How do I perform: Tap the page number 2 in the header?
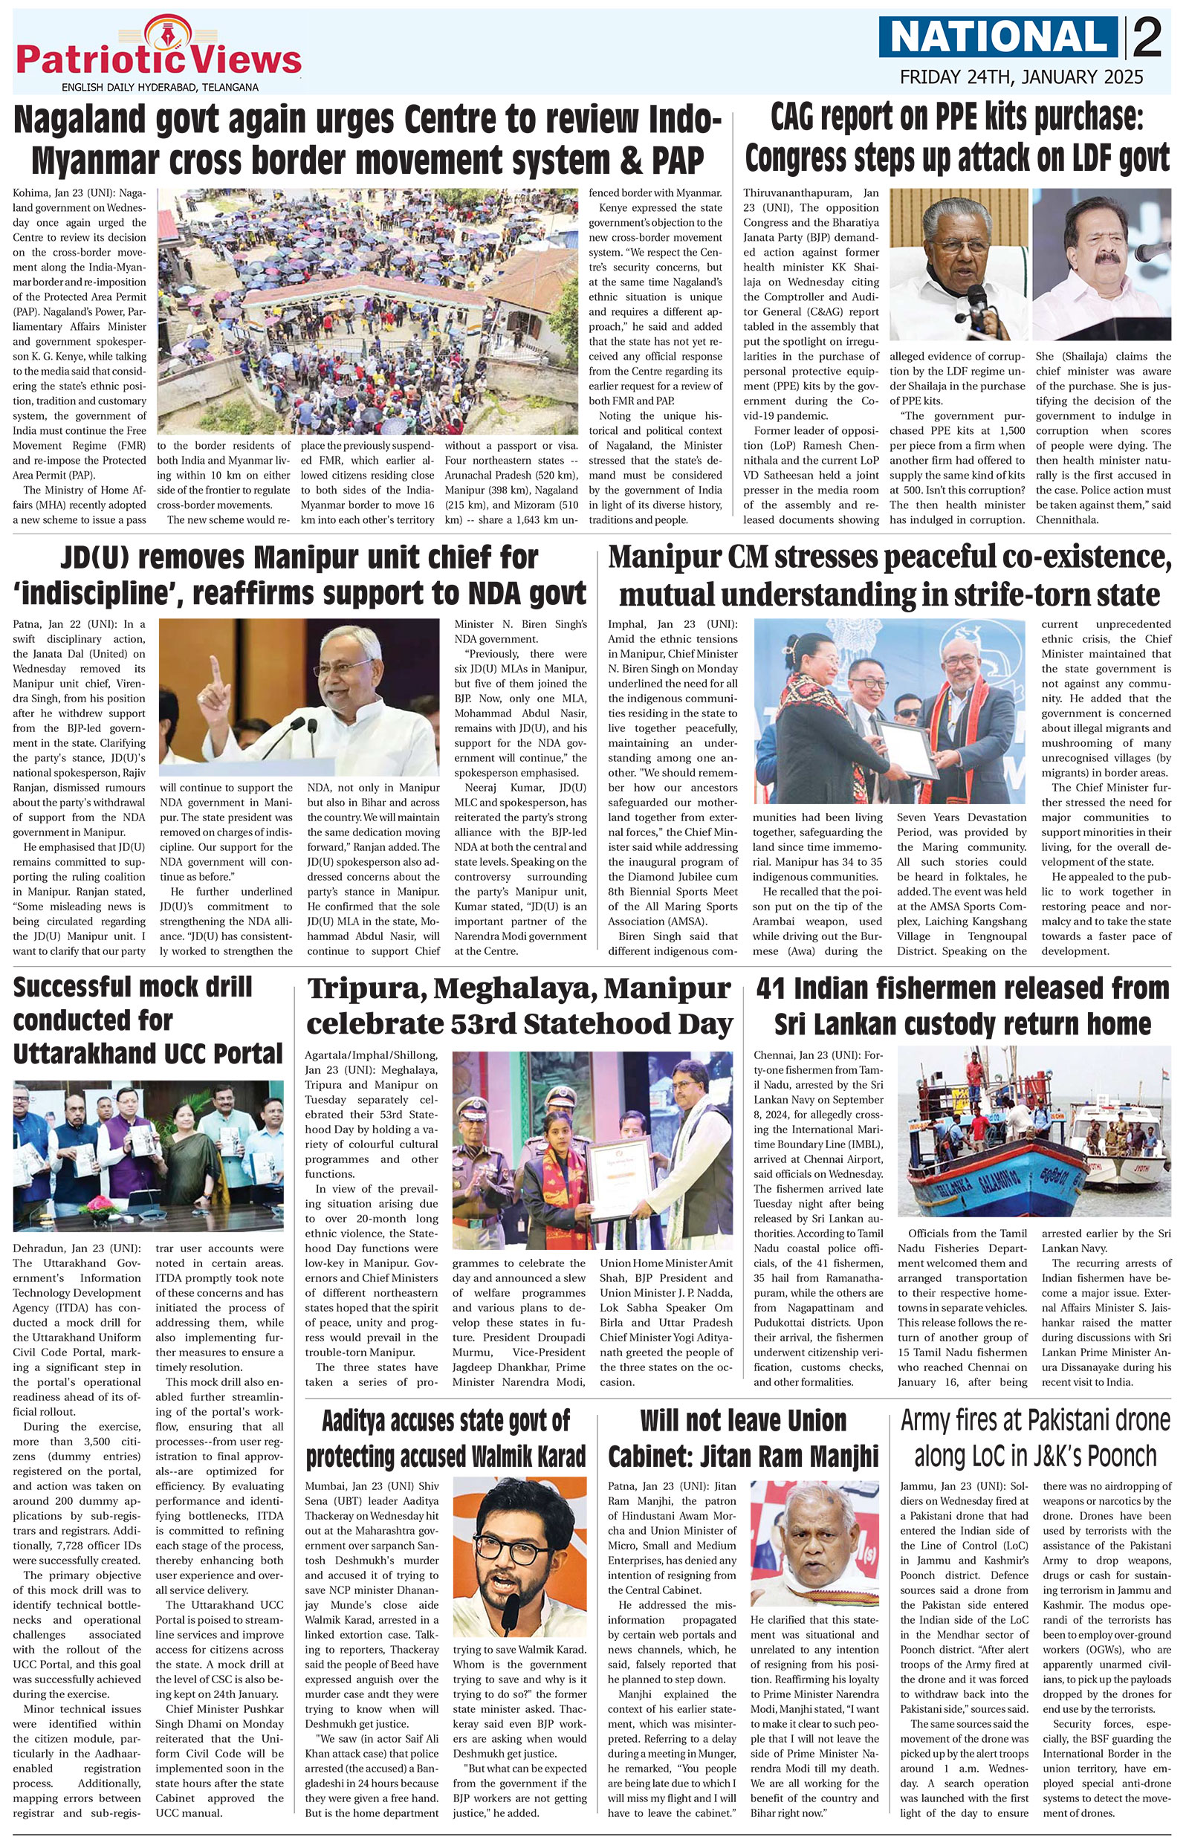(x=1148, y=39)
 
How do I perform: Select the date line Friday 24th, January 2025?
(x=1021, y=77)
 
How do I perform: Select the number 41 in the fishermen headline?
(x=774, y=989)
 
